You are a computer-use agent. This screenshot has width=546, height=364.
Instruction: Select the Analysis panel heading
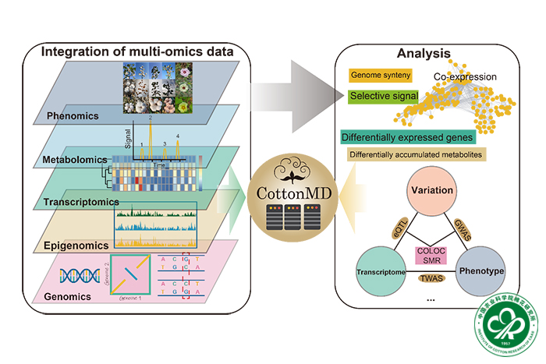click(x=423, y=54)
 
